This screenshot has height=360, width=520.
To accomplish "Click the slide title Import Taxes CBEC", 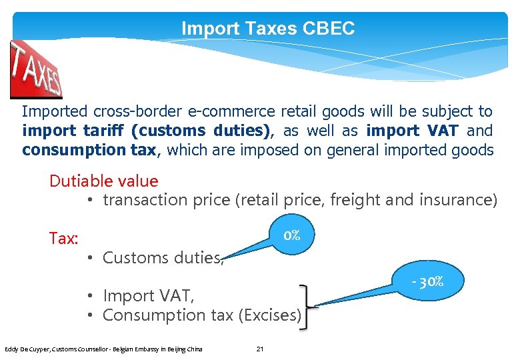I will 268,29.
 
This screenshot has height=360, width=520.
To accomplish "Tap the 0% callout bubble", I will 291,235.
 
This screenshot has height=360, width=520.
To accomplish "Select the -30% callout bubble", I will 427,281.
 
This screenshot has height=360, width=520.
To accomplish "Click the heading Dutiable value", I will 104,181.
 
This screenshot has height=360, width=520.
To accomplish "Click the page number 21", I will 260,349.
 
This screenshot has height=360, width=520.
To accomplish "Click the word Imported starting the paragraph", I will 53,111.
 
